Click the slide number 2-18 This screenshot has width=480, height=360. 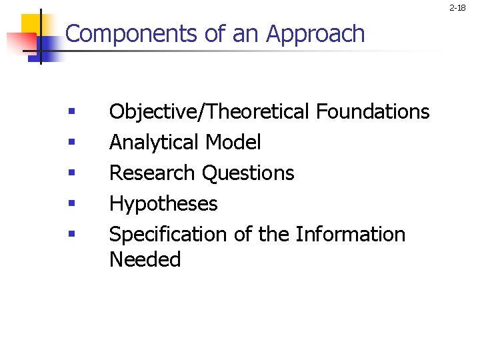pos(457,8)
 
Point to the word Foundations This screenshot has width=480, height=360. pos(373,111)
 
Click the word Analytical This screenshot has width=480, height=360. pos(154,143)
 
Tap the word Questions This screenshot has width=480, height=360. pos(249,173)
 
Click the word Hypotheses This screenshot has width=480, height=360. pos(163,204)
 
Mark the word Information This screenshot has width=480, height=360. pos(350,234)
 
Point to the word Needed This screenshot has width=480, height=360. pos(145,259)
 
